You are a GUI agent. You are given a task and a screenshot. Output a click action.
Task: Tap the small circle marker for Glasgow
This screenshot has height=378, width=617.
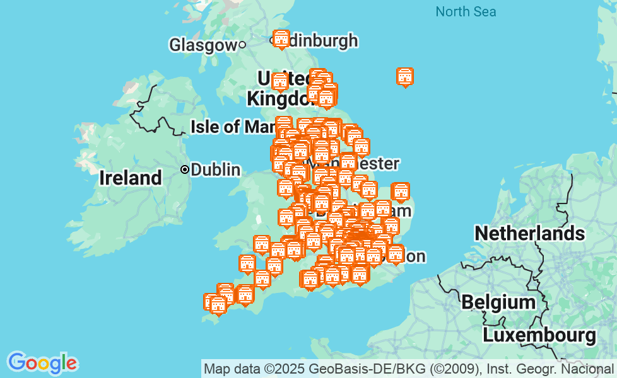(242, 45)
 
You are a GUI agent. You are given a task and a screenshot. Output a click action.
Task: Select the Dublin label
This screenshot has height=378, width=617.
(215, 169)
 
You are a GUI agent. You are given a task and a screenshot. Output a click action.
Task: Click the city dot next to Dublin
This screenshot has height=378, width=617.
(185, 169)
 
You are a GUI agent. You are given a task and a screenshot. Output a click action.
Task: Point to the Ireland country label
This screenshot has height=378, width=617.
(131, 178)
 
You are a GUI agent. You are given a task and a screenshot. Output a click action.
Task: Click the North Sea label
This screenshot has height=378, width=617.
(466, 11)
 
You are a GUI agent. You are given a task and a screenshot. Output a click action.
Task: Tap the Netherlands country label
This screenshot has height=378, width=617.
(529, 234)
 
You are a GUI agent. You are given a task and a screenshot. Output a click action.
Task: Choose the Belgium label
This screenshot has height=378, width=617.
(498, 302)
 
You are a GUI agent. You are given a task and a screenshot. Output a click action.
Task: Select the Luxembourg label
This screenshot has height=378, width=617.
(539, 335)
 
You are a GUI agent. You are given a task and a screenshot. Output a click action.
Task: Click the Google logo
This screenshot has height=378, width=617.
(42, 363)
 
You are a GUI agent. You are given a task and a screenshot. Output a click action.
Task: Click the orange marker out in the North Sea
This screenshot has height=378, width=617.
(405, 77)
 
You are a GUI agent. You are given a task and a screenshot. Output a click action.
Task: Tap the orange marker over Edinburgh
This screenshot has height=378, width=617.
(281, 39)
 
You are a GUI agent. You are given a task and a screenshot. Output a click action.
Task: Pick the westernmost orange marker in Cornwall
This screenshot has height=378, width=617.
(211, 302)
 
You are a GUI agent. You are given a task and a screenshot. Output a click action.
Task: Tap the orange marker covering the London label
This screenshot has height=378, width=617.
(396, 255)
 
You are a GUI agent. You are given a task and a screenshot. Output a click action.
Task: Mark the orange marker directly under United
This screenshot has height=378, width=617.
(279, 81)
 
